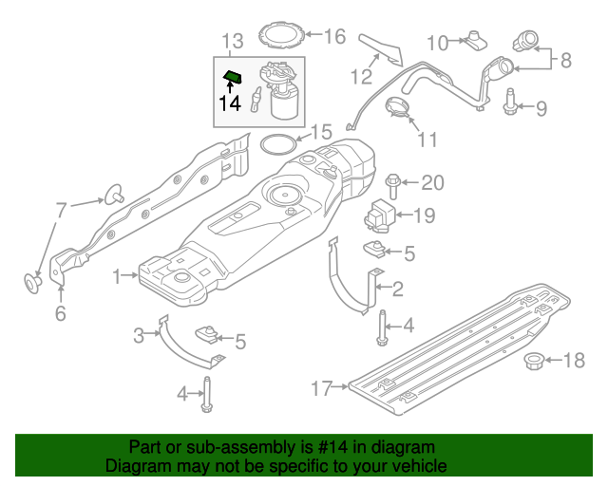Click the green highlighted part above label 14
(233, 76)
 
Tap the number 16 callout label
(336, 37)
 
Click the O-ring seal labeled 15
(276, 144)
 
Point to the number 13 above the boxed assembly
(233, 41)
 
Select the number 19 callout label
(424, 215)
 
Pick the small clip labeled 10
(475, 40)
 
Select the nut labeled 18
(534, 360)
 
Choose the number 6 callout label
(60, 314)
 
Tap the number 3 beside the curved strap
(139, 334)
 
